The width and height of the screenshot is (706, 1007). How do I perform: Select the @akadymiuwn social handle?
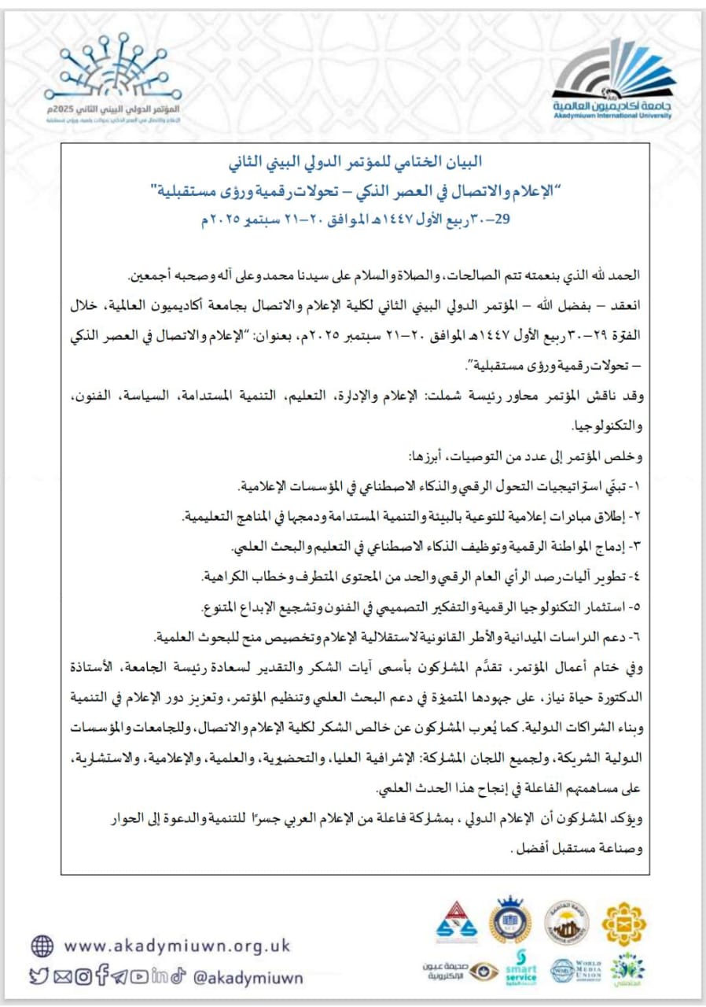(x=247, y=977)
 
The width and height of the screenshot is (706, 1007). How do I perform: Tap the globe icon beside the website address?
(x=42, y=945)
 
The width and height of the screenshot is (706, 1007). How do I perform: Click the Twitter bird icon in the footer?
(x=39, y=977)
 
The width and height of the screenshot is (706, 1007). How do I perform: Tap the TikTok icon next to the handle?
(x=178, y=977)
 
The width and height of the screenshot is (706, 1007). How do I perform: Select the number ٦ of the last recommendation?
(x=640, y=636)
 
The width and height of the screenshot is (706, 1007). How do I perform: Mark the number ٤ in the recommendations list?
(x=640, y=577)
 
